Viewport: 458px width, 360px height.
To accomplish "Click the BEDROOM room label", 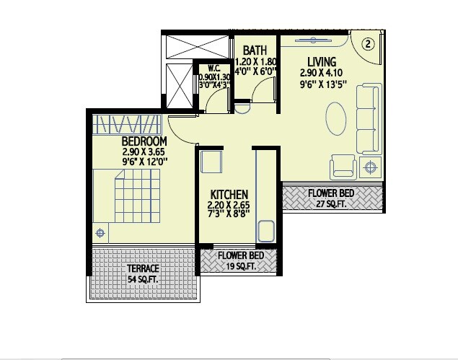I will click(144, 141).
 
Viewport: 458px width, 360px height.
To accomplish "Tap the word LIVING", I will click(322, 62).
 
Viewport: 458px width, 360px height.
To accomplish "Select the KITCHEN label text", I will click(229, 195).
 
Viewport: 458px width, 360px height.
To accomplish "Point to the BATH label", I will click(255, 51).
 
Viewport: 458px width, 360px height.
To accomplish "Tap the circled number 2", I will click(368, 43).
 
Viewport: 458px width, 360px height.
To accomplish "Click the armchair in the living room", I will click(341, 167).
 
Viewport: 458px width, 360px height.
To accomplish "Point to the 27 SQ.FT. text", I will click(330, 203).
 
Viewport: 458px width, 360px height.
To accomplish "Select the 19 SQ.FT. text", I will click(242, 265).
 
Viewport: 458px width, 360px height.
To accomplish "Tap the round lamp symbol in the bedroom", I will click(100, 233).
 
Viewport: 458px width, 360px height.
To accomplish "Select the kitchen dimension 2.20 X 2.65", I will click(229, 206).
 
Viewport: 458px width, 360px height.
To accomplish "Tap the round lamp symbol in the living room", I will click(371, 167).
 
